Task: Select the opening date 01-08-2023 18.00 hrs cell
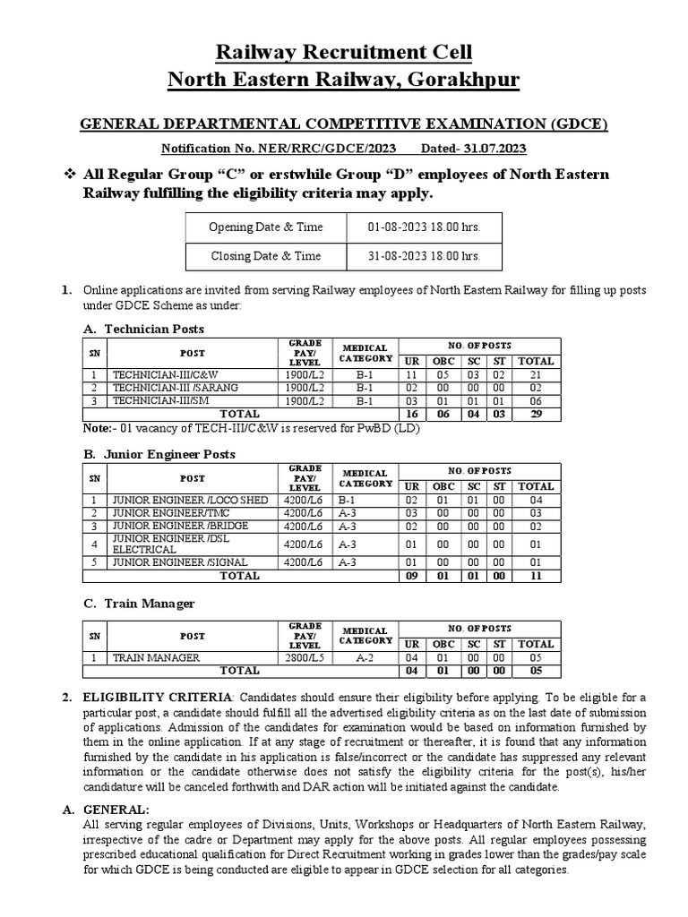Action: point(424,227)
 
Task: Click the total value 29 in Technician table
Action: point(536,415)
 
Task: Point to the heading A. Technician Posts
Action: point(143,330)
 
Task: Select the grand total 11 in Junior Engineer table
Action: point(536,576)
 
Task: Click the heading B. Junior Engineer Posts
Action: point(159,454)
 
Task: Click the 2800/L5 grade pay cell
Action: point(305,657)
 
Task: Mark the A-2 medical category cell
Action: point(365,657)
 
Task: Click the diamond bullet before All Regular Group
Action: point(66,173)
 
